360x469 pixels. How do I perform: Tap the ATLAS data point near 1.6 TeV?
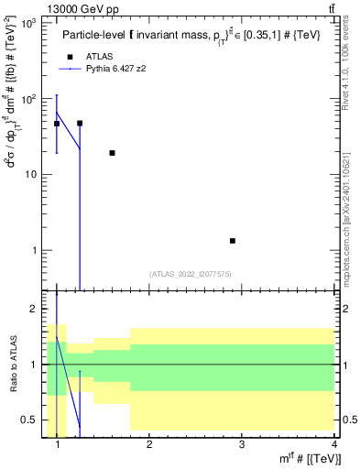tap(112, 153)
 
